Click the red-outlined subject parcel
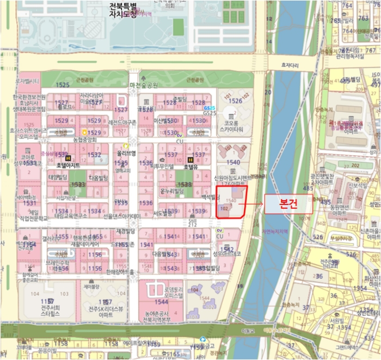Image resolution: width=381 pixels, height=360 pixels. point(231,202)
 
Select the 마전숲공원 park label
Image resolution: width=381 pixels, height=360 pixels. point(144,85)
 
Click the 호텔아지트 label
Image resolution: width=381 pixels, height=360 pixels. point(68,165)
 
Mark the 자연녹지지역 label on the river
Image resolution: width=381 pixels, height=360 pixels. point(274,232)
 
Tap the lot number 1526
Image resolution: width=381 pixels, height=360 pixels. point(235,101)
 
